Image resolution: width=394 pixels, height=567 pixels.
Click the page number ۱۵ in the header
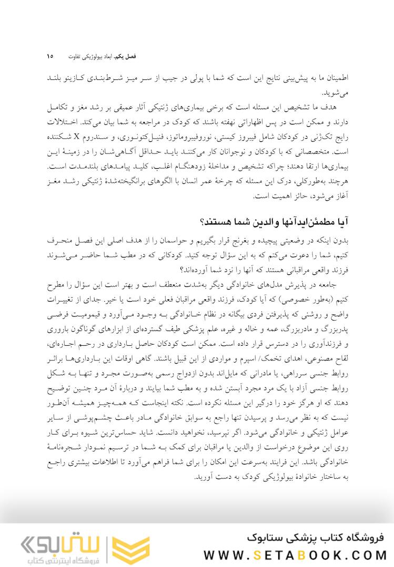[x=50, y=56]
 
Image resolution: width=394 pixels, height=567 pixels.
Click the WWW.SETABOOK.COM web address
[x=295, y=555]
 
